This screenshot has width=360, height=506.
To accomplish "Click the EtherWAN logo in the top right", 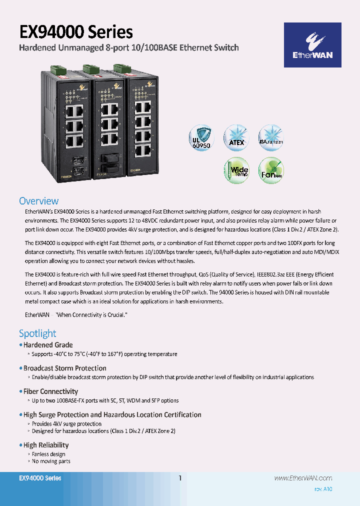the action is [x=312, y=45].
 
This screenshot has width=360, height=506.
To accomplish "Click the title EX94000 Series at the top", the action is [x=76, y=32].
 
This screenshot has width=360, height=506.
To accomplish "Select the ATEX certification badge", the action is [x=236, y=138].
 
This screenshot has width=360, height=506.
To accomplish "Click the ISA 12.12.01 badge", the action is [x=271, y=138].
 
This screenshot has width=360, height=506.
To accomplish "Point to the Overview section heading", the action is [x=38, y=201].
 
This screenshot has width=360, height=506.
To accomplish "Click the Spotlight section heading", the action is [x=37, y=333].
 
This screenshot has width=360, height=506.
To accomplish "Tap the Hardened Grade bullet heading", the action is [x=48, y=345].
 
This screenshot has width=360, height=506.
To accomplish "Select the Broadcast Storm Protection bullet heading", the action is [x=64, y=368].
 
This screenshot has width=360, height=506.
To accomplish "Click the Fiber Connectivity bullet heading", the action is [x=50, y=391].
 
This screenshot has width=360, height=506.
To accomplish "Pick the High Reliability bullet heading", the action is [x=46, y=445].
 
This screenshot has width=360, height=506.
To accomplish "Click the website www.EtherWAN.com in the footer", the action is [x=303, y=478].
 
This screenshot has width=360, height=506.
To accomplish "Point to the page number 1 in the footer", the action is [x=180, y=478].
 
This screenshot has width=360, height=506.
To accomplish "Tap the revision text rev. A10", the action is [x=323, y=489].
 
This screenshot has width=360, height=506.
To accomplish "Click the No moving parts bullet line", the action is [x=51, y=461].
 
